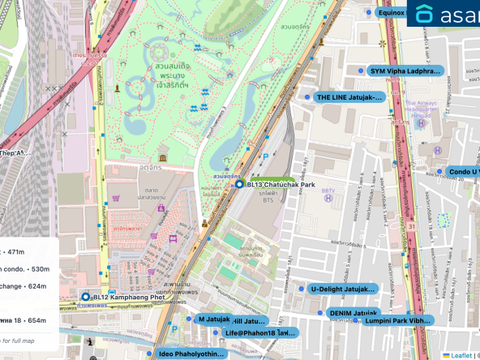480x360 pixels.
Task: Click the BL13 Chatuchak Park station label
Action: [279, 184]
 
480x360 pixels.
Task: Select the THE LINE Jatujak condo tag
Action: [349, 97]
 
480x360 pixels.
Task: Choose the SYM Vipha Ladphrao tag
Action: [405, 71]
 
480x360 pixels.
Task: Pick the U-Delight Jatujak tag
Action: [342, 289]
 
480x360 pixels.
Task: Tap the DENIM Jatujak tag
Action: [353, 313]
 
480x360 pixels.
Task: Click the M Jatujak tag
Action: [214, 319]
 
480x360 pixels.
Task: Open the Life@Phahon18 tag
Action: [259, 332]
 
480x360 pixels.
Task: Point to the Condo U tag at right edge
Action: [462, 172]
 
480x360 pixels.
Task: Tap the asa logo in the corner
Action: [444, 14]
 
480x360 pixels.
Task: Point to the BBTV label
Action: [328, 191]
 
